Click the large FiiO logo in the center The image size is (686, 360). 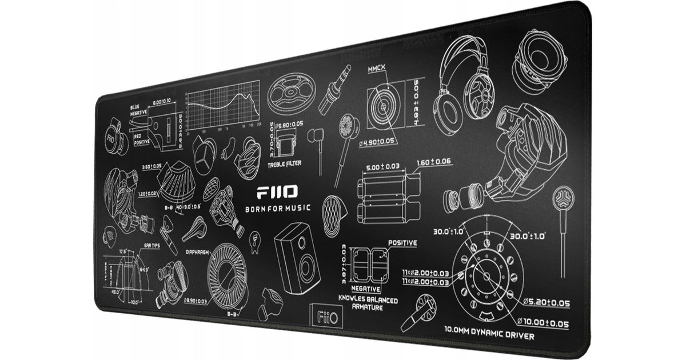click(x=276, y=192)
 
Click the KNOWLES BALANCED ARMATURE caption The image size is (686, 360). click(x=368, y=303)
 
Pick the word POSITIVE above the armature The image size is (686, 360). click(x=402, y=243)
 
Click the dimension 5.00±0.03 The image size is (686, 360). click(x=382, y=167)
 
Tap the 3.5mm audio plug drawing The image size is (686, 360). click(x=335, y=90)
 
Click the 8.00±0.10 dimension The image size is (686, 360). click(x=165, y=103)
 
